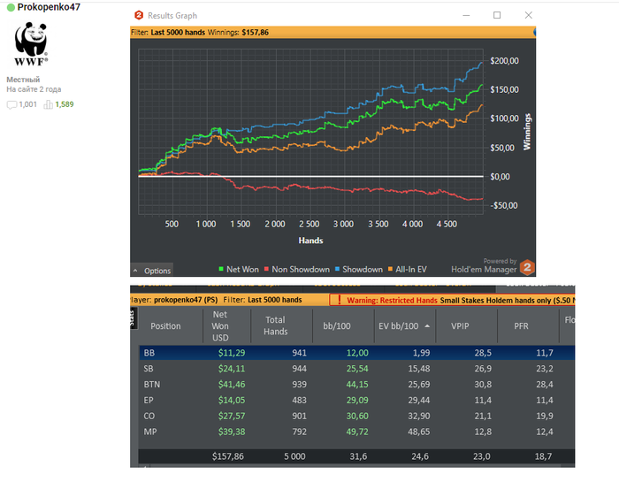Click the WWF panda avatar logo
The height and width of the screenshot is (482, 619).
(31, 44)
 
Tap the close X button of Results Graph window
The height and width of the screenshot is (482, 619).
(528, 15)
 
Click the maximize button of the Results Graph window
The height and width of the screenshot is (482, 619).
(497, 15)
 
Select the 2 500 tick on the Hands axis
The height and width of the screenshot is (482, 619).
(309, 225)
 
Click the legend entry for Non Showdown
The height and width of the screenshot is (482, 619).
(300, 270)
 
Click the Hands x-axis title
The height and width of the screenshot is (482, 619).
(309, 241)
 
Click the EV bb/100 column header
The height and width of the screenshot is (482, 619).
(396, 325)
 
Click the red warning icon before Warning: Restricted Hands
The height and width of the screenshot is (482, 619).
(339, 300)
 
